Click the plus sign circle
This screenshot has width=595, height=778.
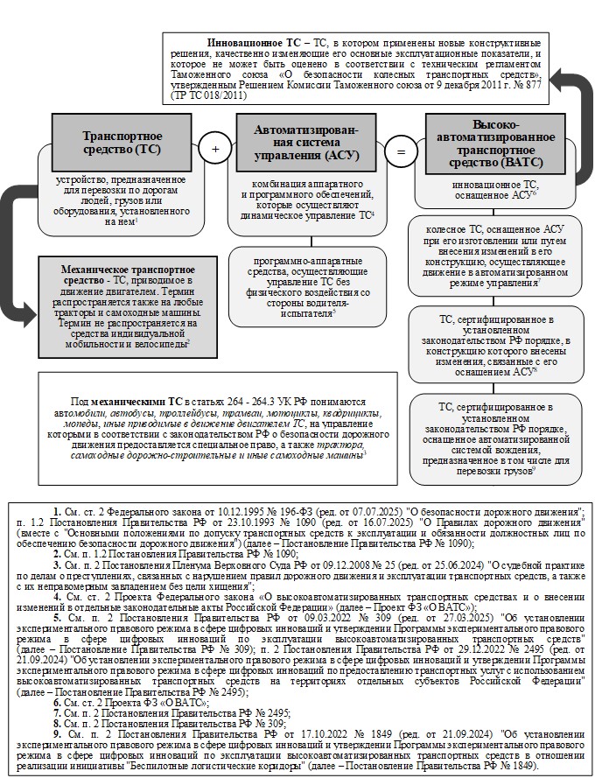213,150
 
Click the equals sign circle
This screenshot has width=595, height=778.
400,152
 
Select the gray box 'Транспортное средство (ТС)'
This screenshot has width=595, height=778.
119,142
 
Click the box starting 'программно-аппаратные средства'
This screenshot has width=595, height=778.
305,286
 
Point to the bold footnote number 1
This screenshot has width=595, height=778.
56,508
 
